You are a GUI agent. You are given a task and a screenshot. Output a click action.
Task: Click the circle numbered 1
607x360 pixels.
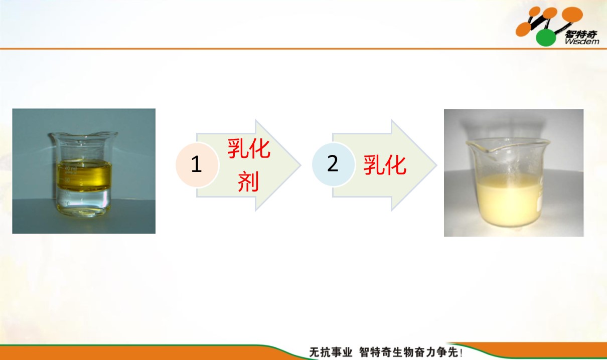coord(197,164)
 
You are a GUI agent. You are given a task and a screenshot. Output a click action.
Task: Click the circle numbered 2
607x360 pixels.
coord(333,164)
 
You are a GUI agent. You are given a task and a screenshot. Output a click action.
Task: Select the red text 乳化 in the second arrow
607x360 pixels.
coord(385,165)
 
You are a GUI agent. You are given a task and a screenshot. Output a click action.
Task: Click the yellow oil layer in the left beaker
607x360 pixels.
coord(84,174)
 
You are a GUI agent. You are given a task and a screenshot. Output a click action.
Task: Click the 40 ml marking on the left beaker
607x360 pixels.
coord(70,169)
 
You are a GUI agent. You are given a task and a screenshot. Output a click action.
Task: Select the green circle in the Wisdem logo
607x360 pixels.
coord(546,38)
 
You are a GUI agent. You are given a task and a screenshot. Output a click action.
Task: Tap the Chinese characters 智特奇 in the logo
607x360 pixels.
coord(581,34)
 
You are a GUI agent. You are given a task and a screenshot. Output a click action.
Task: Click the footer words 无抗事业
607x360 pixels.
coord(331,352)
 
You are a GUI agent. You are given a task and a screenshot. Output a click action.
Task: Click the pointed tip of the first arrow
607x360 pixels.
coord(300,165)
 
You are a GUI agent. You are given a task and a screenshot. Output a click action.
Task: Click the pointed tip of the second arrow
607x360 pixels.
coord(436,165)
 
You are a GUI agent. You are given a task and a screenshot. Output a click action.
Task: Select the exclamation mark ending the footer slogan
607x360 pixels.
coord(461,352)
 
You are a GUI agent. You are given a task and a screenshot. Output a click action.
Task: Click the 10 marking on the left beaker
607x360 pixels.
coord(67,203)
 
